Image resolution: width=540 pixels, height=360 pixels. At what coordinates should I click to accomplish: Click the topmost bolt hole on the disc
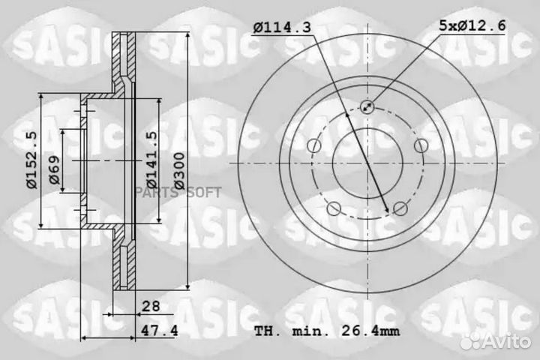(367, 106)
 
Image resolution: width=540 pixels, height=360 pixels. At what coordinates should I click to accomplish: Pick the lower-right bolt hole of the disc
(400, 208)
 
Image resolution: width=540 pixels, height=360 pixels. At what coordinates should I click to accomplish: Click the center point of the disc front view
(367, 163)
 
